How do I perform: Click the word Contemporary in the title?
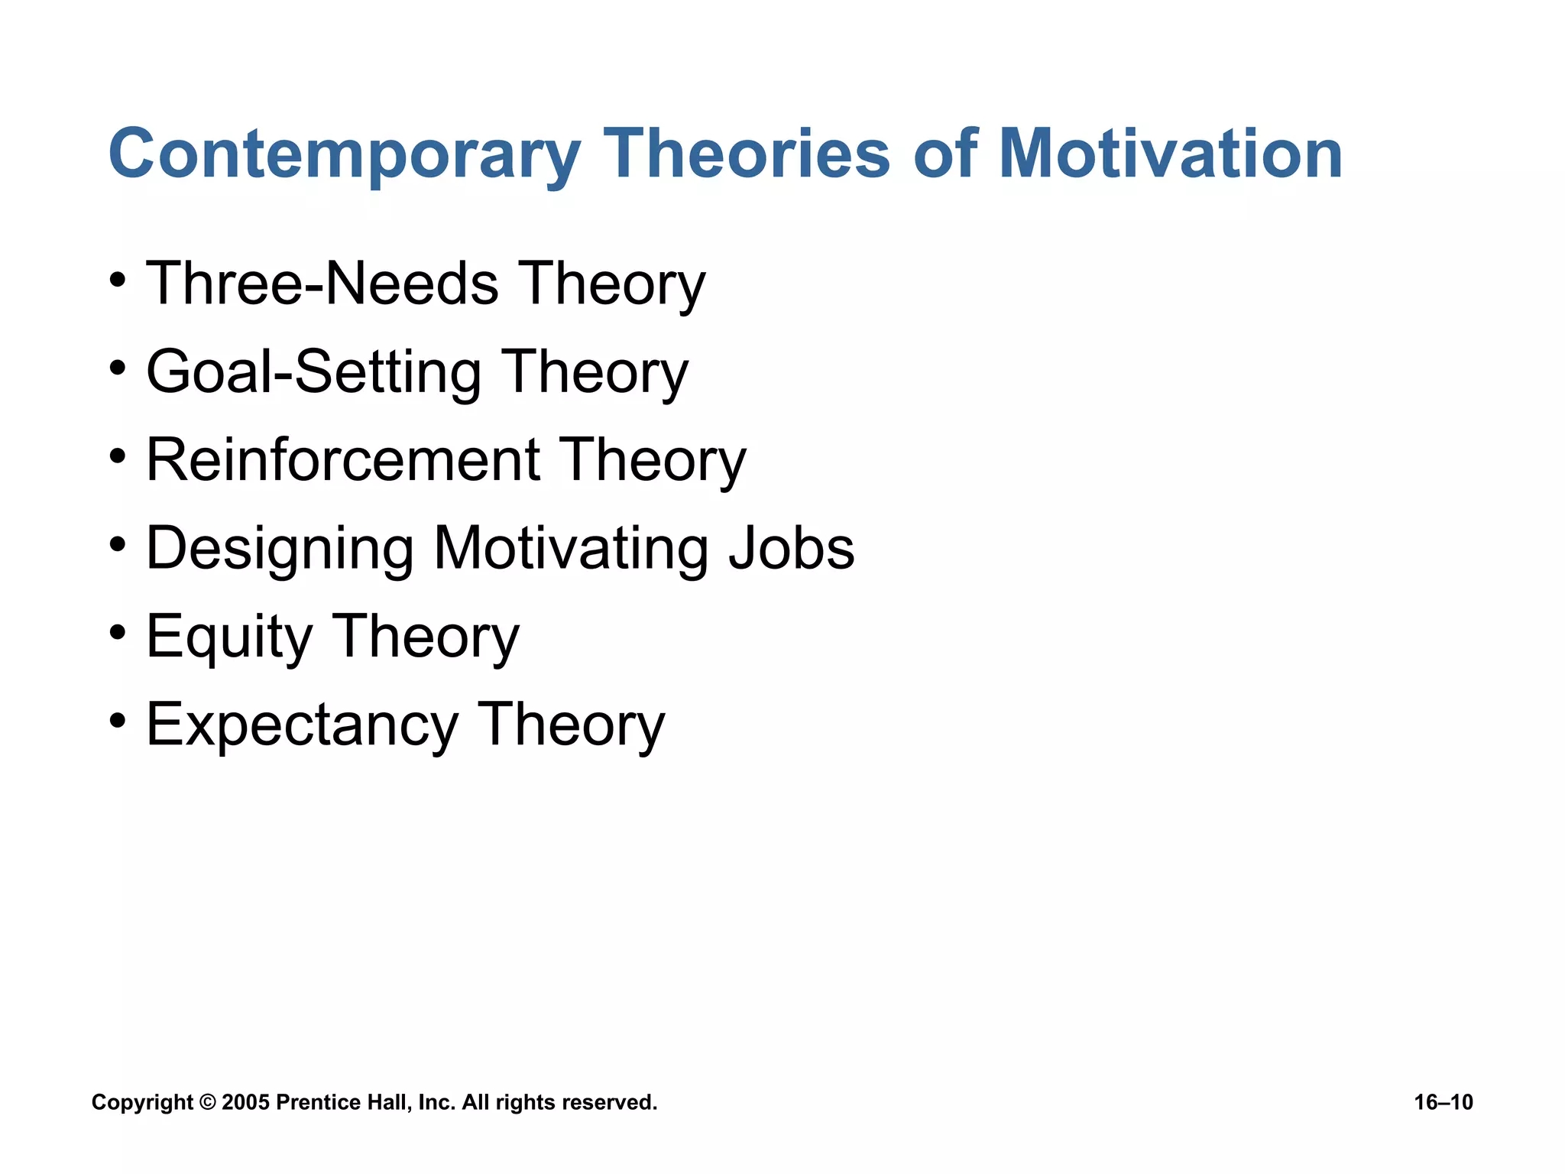click(344, 154)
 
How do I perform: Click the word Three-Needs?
click(322, 284)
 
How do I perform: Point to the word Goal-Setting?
click(313, 372)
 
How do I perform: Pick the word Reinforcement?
click(343, 460)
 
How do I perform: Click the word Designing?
click(280, 549)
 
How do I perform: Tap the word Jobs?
click(791, 549)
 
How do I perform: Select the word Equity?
click(229, 637)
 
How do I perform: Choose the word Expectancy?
click(301, 725)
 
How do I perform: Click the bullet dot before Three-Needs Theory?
click(117, 280)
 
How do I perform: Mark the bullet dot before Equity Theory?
click(117, 633)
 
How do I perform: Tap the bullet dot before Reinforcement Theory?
click(117, 456)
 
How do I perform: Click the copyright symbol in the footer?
click(207, 1102)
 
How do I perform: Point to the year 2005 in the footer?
click(245, 1102)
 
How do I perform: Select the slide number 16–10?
click(1443, 1102)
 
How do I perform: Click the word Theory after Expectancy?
click(571, 725)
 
